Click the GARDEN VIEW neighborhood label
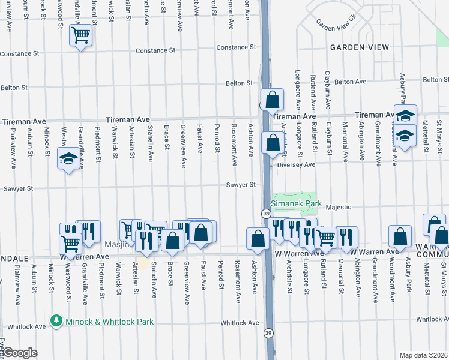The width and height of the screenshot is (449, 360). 358,47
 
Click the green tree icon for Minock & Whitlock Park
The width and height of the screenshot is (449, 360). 57,322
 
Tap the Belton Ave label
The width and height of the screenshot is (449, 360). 350,82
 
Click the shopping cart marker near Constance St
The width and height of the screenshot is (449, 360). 80,34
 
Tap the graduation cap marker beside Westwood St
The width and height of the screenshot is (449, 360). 67,159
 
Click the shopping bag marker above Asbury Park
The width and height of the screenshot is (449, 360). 400,237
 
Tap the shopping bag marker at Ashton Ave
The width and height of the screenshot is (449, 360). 258,238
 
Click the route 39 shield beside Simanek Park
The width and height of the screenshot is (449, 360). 265,214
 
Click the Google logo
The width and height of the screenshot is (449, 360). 20,353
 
